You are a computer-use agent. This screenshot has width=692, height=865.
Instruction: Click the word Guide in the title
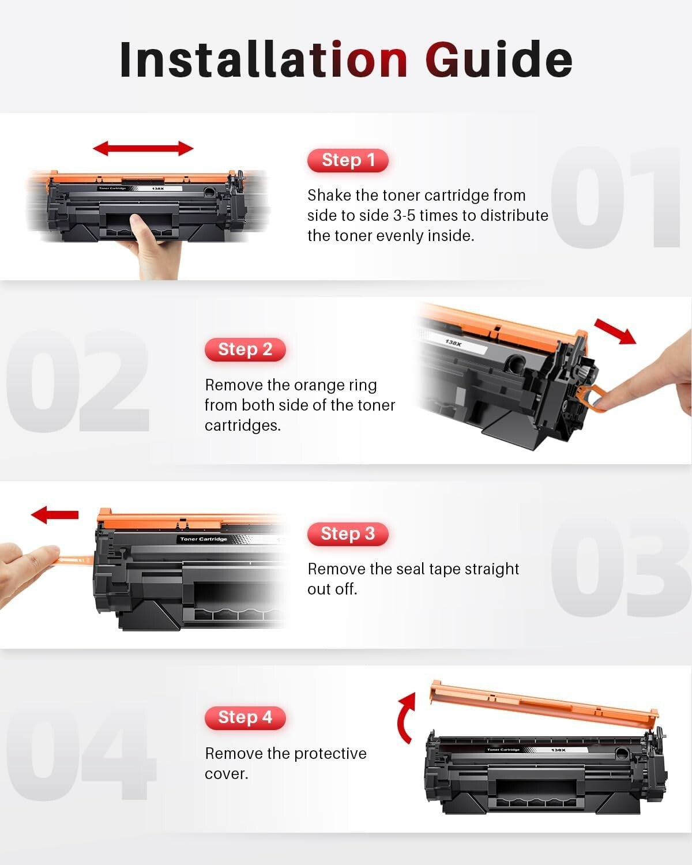(x=499, y=59)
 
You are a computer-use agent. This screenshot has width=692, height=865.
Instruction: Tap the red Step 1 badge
(x=348, y=160)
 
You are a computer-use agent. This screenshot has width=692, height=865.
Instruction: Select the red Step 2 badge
(x=245, y=349)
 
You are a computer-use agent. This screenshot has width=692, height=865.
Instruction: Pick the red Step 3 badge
(x=348, y=534)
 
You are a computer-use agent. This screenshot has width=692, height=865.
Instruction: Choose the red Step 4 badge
(x=245, y=717)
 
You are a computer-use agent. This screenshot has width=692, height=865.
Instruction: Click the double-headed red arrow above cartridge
(x=143, y=148)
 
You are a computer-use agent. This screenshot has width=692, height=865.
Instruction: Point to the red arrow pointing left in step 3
(x=54, y=514)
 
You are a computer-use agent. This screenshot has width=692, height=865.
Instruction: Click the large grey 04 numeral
(x=81, y=755)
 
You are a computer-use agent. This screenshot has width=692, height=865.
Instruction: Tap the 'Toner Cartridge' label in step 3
(x=204, y=539)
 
